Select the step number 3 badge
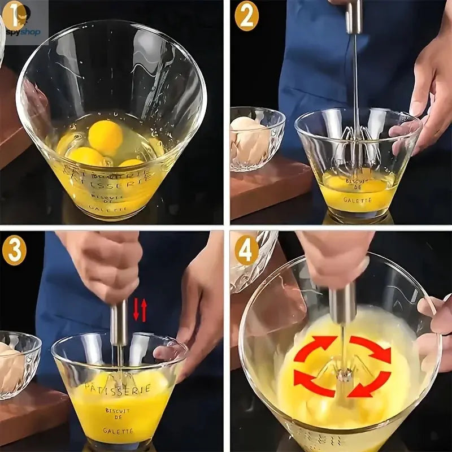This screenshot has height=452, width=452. [14, 250]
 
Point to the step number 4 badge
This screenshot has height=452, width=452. [246, 250]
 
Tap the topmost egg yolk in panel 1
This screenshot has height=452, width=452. [105, 137]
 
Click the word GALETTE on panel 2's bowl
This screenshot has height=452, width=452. [357, 199]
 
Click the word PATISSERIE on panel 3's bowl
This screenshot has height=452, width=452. [118, 388]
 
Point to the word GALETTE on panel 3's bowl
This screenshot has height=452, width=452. [118, 431]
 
